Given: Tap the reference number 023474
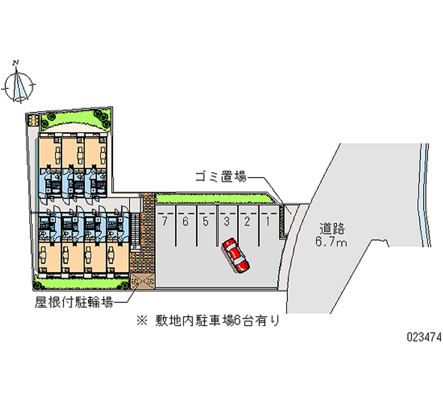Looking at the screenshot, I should (x=423, y=336).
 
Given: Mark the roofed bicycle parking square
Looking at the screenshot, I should (x=142, y=282).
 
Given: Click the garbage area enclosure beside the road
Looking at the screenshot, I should (x=284, y=220).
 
